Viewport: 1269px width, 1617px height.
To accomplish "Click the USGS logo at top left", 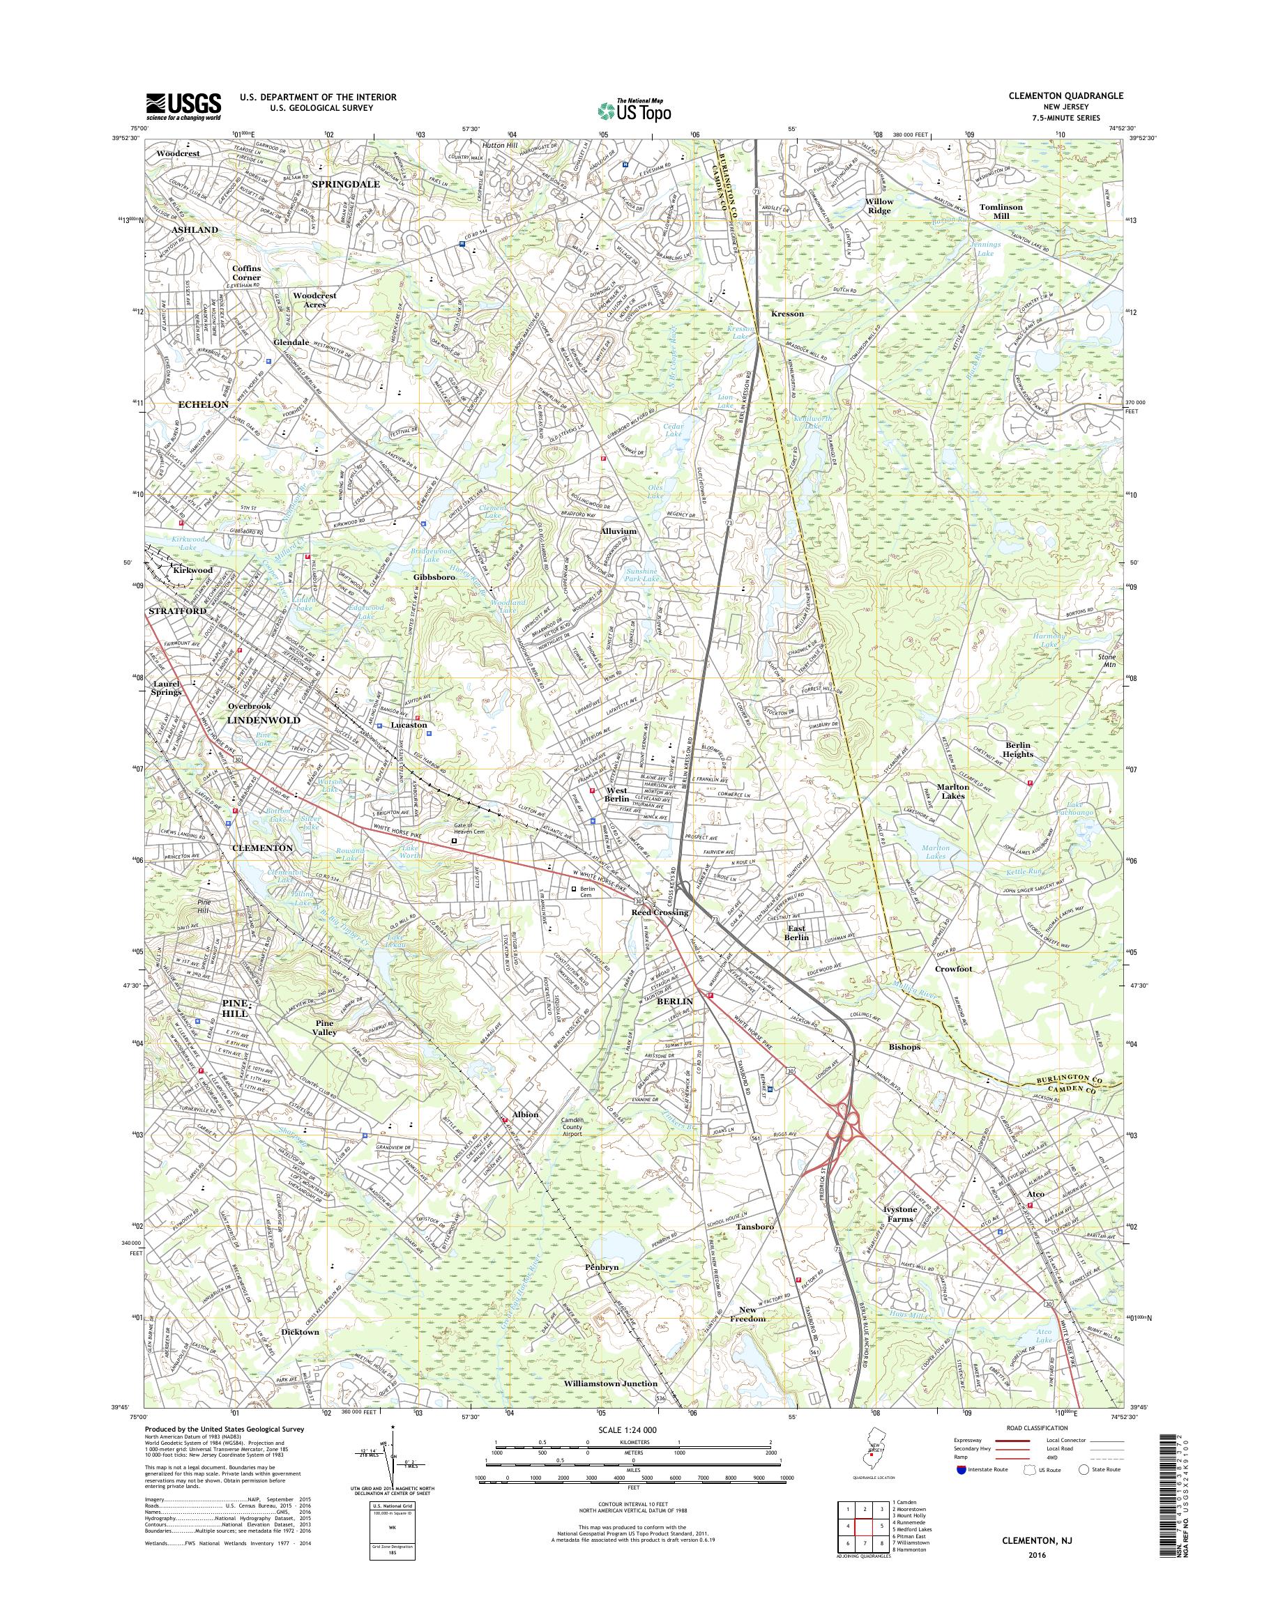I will [183, 106].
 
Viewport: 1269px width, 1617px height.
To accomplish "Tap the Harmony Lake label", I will [1049, 641].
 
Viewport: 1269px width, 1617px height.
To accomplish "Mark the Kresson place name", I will [788, 314].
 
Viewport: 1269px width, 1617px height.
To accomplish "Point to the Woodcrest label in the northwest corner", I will [178, 154].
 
